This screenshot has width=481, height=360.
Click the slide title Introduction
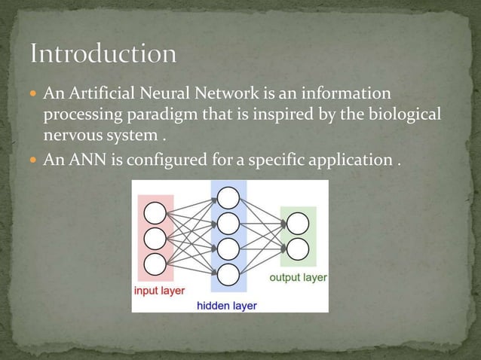(x=104, y=54)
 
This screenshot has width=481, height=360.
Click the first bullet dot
(x=35, y=96)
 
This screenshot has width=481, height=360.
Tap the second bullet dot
(x=35, y=162)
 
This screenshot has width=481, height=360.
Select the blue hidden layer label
(x=226, y=306)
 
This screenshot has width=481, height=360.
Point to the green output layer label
(x=298, y=277)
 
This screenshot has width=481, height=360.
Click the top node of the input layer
(x=155, y=212)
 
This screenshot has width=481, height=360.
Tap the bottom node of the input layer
(x=155, y=264)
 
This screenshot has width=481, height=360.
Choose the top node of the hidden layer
(x=228, y=198)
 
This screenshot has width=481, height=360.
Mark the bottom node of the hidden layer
(x=228, y=273)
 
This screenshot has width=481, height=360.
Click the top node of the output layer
(x=297, y=223)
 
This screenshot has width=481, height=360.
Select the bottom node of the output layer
(x=297, y=249)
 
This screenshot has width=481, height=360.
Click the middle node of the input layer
(x=155, y=238)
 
